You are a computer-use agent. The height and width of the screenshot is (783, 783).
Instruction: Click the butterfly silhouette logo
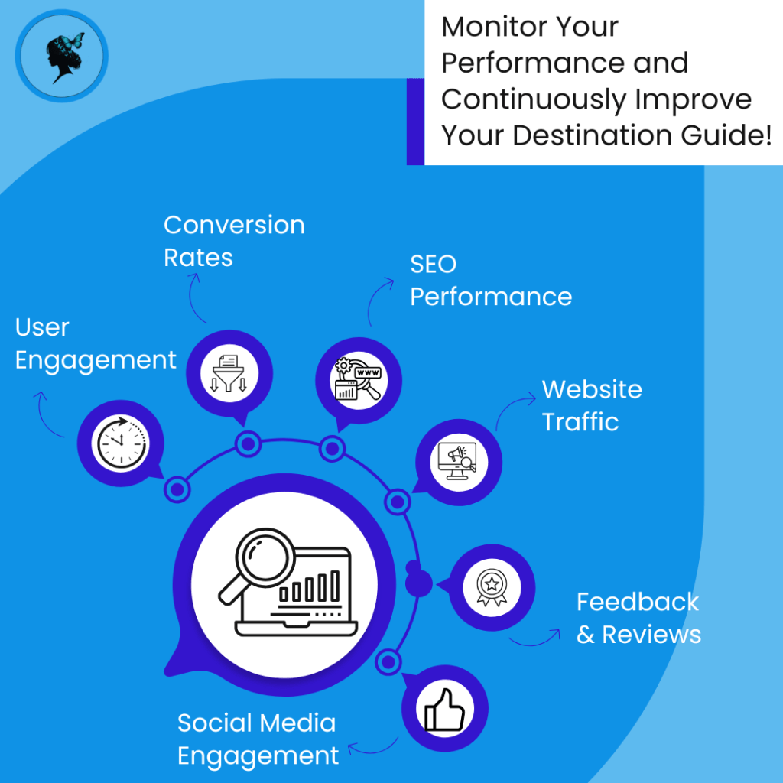click(63, 56)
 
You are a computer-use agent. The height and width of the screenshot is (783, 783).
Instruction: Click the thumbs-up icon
click(445, 709)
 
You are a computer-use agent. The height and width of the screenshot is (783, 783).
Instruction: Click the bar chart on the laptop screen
click(310, 586)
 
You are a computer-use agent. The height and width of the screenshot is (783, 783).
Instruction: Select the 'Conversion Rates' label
click(234, 241)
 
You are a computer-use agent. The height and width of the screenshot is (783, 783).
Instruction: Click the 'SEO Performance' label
click(490, 280)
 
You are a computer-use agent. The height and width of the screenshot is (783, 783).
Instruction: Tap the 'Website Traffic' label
click(591, 405)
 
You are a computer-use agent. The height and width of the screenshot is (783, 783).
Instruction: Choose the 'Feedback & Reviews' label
click(638, 618)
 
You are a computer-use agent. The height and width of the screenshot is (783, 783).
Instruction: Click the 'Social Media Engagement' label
click(258, 739)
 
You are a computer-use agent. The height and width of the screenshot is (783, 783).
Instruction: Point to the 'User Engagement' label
click(96, 343)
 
